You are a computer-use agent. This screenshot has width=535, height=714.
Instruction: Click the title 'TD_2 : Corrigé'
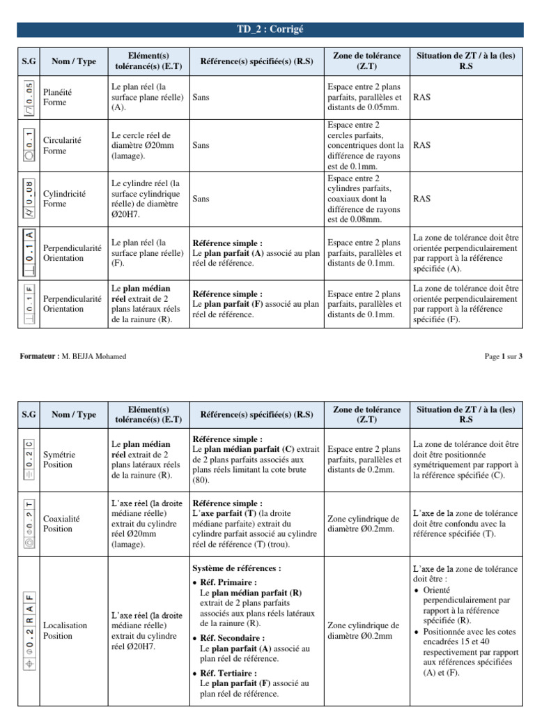point(271,29)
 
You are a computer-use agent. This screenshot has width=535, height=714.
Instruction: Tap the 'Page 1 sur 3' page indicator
point(503,356)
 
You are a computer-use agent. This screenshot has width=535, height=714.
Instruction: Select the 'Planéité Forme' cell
point(56,97)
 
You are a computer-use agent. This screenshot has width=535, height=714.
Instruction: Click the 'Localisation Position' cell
point(65,630)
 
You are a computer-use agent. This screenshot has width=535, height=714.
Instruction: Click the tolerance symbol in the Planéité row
point(28,98)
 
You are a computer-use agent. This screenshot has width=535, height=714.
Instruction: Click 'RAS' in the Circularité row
point(421,146)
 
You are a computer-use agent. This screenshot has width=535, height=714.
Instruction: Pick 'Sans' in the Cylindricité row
point(201,199)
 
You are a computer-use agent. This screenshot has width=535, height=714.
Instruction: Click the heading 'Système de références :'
point(236,568)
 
